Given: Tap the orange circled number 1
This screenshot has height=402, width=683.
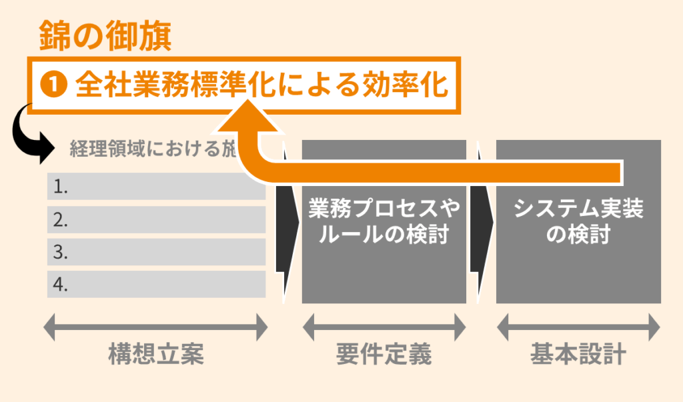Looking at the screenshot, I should click(x=53, y=85).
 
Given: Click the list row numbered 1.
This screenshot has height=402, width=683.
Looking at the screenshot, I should click(x=156, y=187).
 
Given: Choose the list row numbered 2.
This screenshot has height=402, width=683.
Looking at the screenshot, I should click(x=156, y=219).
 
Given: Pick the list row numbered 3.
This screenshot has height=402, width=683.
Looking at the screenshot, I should click(x=156, y=252).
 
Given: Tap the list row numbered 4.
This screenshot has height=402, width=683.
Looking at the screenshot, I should click(x=156, y=285).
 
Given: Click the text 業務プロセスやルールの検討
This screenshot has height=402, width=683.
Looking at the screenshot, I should click(x=384, y=223).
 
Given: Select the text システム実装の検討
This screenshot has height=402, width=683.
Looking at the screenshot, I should click(x=578, y=223).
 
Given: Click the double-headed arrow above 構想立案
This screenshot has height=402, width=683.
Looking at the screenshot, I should click(x=155, y=327).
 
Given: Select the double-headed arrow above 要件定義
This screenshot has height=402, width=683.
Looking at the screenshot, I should click(x=384, y=327).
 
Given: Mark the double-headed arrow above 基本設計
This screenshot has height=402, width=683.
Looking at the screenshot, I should click(x=578, y=327).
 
